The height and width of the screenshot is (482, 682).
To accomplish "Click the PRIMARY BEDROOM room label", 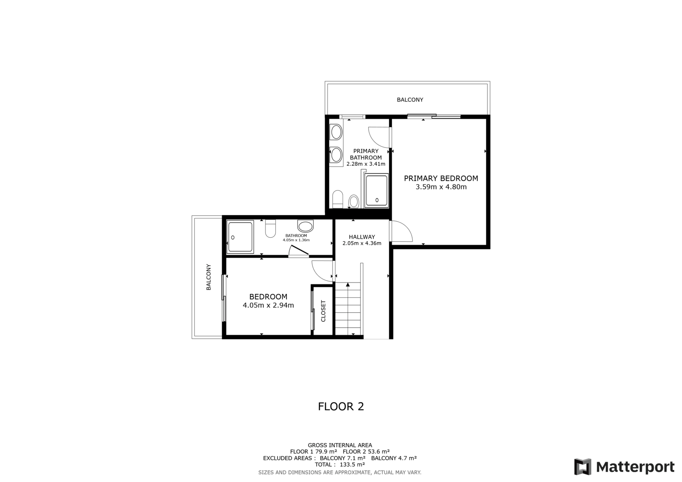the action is pos(441,179).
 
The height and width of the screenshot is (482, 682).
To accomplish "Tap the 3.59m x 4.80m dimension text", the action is pos(441,187).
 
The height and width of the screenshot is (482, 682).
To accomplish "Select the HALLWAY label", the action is pos(362,237).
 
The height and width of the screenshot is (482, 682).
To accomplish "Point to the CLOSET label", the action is pos(324,311).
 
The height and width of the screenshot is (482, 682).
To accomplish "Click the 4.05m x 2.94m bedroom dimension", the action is pos(268,305).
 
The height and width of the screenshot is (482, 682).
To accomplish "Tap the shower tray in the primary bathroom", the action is pos(377,190).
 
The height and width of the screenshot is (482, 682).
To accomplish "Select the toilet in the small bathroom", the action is pos(270,228).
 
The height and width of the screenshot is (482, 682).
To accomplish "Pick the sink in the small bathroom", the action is pos(305,226).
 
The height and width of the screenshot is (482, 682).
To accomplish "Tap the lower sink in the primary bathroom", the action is pos(336,155).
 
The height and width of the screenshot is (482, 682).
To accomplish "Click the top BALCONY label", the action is pos(410,100).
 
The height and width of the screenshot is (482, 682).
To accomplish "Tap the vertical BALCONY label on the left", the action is pos(208,277).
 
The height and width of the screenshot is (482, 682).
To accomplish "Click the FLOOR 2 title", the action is pos(341,407).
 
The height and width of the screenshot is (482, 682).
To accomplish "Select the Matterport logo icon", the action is pos(583,467).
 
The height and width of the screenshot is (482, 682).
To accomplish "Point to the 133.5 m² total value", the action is pos(352,465).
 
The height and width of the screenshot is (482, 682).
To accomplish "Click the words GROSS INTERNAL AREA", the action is pos(340,445).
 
